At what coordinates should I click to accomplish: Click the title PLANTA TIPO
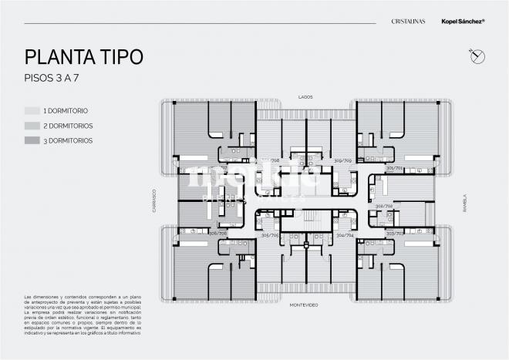click(83, 57)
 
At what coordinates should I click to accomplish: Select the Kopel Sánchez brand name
click(462, 25)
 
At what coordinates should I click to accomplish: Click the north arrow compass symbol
click(475, 55)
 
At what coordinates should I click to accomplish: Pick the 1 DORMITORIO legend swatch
click(32, 110)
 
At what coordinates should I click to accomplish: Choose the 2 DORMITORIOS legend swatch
click(32, 126)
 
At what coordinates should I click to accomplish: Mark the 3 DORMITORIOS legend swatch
click(32, 141)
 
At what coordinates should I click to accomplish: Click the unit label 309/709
click(342, 161)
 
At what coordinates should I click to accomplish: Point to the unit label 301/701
click(394, 167)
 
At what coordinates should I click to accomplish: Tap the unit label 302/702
click(383, 207)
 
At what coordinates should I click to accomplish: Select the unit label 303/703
click(394, 233)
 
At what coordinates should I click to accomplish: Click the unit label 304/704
click(345, 236)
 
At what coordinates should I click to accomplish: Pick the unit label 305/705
click(270, 236)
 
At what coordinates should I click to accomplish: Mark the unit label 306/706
click(218, 233)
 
